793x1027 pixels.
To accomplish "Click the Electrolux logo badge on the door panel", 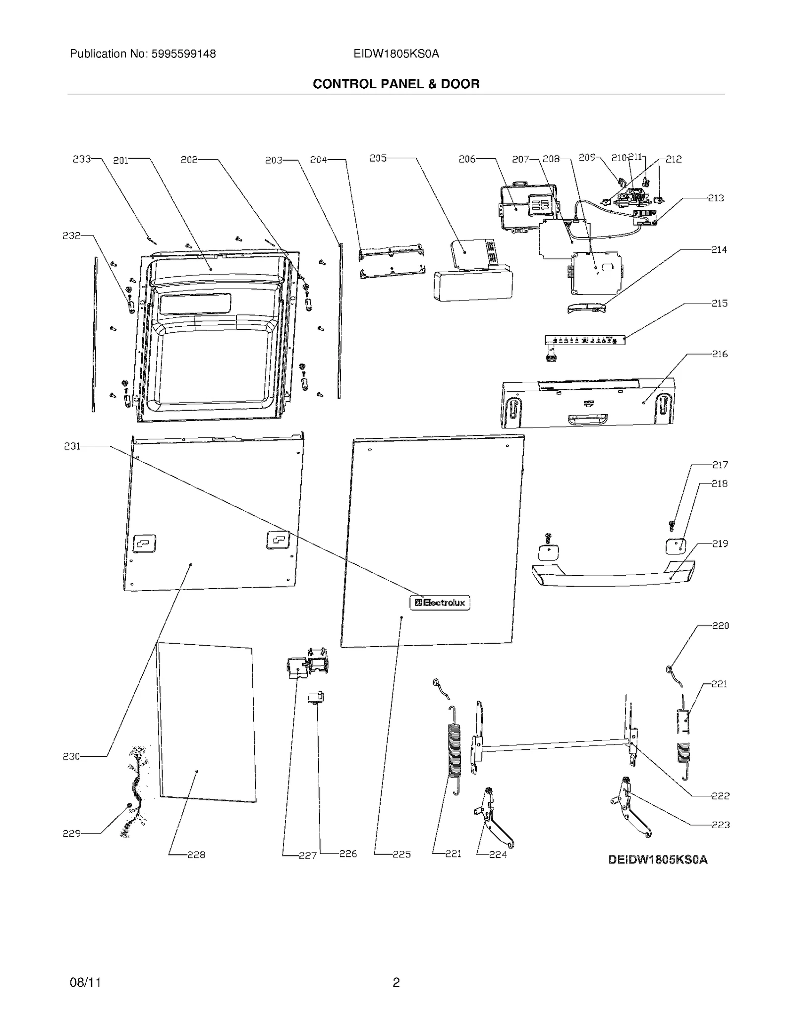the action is [x=440, y=603].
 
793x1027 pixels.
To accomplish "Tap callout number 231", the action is [x=72, y=446].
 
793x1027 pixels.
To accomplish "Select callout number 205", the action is [x=378, y=158].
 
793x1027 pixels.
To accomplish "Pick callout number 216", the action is [x=720, y=354].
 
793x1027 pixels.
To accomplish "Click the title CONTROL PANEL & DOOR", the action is [x=396, y=84].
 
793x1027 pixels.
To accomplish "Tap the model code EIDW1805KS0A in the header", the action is [x=396, y=54].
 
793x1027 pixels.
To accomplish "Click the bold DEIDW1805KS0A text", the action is [x=658, y=859].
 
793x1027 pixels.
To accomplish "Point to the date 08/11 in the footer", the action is [x=85, y=982].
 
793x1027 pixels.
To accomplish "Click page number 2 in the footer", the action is [x=396, y=982].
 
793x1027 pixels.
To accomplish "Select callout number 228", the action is [x=196, y=854].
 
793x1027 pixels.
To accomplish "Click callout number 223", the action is [x=721, y=825].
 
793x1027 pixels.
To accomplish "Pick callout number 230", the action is [x=71, y=756].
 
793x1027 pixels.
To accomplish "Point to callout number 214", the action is [x=719, y=250].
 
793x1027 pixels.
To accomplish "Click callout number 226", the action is [x=348, y=853].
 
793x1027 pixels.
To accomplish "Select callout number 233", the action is [x=82, y=159].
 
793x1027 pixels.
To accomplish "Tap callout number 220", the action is [x=721, y=626].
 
